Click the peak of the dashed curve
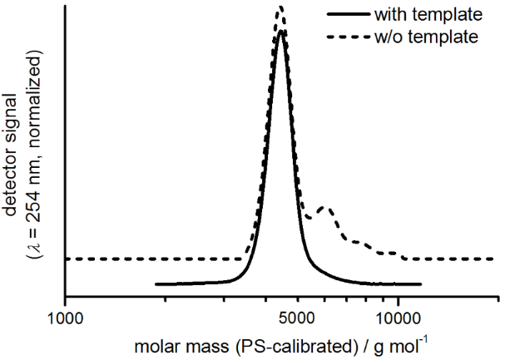[280, 7]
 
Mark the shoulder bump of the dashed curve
[325, 209]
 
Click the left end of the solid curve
[156, 284]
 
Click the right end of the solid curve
[421, 284]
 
